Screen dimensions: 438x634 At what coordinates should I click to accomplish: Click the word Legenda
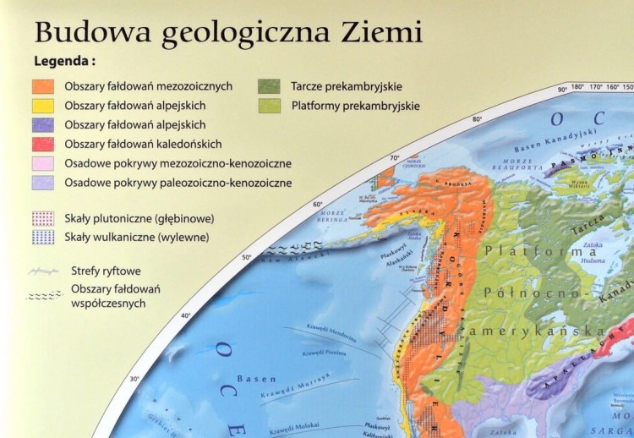63,62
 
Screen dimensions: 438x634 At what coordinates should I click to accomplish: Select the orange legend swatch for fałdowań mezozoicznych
43,86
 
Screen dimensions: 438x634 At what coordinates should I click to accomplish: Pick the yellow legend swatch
43,106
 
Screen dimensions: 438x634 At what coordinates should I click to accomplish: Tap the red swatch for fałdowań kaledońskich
43,144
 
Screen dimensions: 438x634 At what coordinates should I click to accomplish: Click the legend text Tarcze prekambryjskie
346,86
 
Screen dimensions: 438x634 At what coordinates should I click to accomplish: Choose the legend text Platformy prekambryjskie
355,107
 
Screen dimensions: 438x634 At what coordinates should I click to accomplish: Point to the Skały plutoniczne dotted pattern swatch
43,218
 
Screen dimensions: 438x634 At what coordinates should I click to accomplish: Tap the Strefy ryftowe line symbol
43,272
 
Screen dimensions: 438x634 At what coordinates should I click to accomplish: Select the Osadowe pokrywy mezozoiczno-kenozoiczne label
178,163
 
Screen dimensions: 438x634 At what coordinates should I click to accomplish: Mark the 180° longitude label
578,86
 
